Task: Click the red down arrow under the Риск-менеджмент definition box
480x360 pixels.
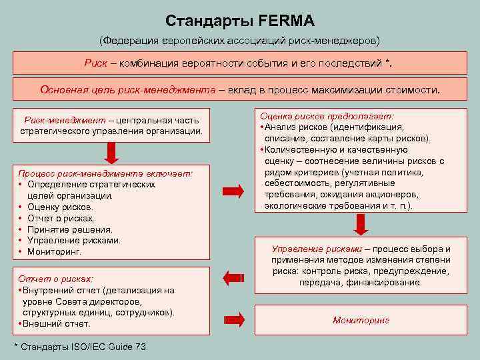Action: [x=111, y=152]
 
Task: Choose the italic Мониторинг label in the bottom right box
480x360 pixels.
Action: [x=361, y=320]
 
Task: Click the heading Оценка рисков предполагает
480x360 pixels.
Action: [x=326, y=115]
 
